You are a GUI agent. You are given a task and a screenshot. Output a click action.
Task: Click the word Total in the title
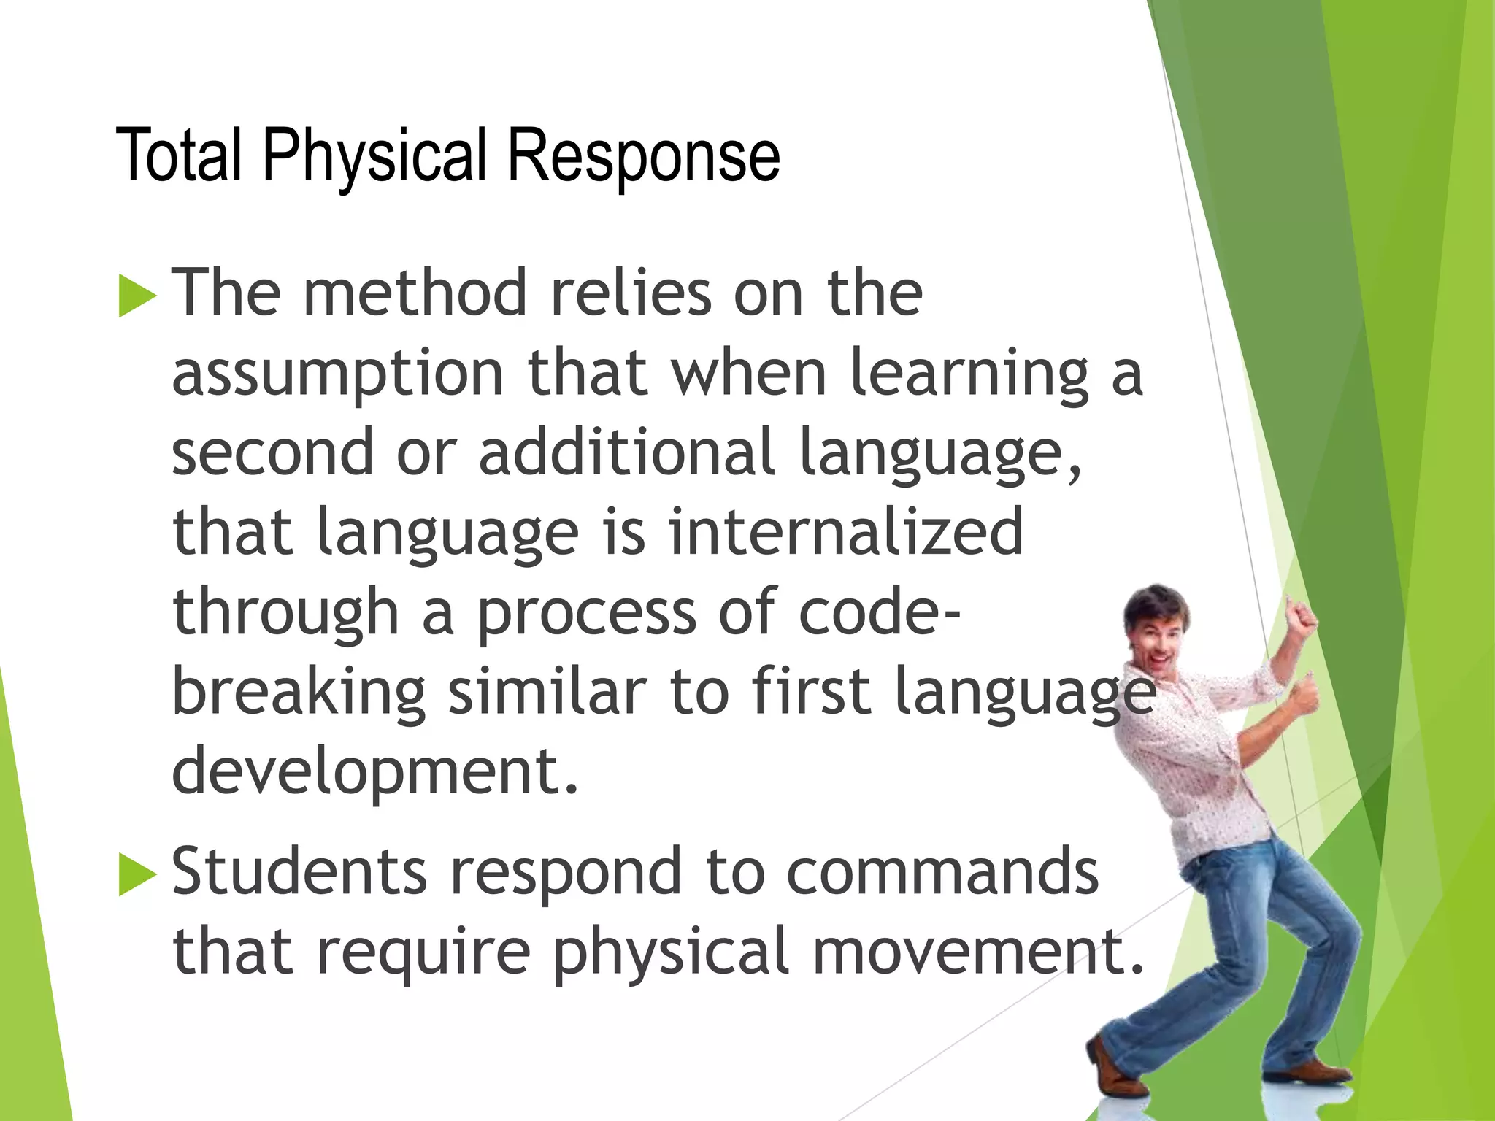tap(179, 155)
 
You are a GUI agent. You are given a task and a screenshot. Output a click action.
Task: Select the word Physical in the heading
tap(374, 155)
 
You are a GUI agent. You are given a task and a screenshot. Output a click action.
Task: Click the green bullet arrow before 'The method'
tap(137, 297)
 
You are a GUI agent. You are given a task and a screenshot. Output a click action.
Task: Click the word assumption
tap(338, 373)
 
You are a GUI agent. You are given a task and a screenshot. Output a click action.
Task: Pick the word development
tap(374, 771)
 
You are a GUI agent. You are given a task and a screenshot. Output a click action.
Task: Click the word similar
tap(547, 691)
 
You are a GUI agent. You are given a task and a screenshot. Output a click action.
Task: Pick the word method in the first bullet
tap(415, 293)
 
